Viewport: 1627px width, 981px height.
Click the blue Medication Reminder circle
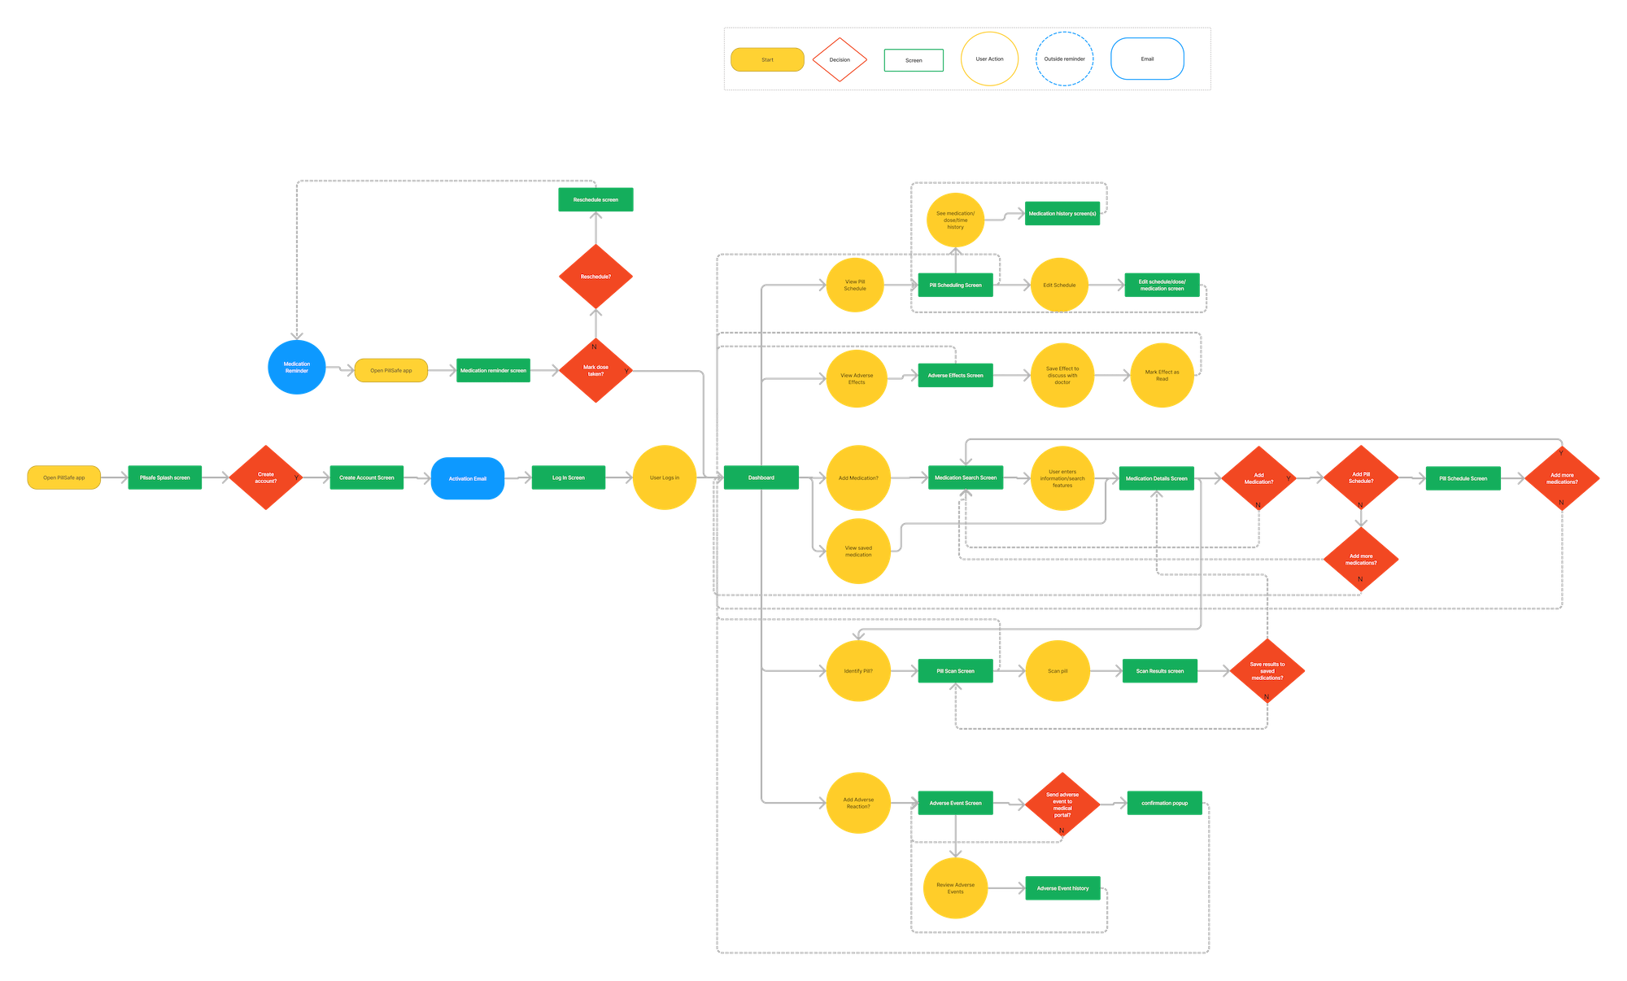click(297, 368)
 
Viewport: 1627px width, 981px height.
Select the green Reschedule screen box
click(595, 199)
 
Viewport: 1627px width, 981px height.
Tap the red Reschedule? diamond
click(595, 277)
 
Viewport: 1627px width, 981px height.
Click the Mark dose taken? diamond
click(595, 371)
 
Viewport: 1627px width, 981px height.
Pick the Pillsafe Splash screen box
click(165, 477)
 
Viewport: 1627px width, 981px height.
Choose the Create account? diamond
click(266, 477)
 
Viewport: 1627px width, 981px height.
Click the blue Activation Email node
click(468, 478)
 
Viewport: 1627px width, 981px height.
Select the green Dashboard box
click(761, 477)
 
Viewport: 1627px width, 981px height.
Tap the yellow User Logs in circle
click(665, 477)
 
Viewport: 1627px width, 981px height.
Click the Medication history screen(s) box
click(1062, 213)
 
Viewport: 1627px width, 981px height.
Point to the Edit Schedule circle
click(1059, 285)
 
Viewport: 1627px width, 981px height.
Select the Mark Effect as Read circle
click(1162, 375)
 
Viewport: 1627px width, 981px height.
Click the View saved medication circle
click(858, 551)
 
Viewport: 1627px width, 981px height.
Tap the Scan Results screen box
click(1160, 671)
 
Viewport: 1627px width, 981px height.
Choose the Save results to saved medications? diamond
click(1267, 671)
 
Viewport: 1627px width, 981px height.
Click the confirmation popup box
click(1164, 803)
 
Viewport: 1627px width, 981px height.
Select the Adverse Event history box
click(1062, 888)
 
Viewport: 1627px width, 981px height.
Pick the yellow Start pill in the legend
click(767, 60)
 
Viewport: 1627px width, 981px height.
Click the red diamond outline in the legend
click(840, 59)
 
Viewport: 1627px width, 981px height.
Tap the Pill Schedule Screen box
click(1463, 478)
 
